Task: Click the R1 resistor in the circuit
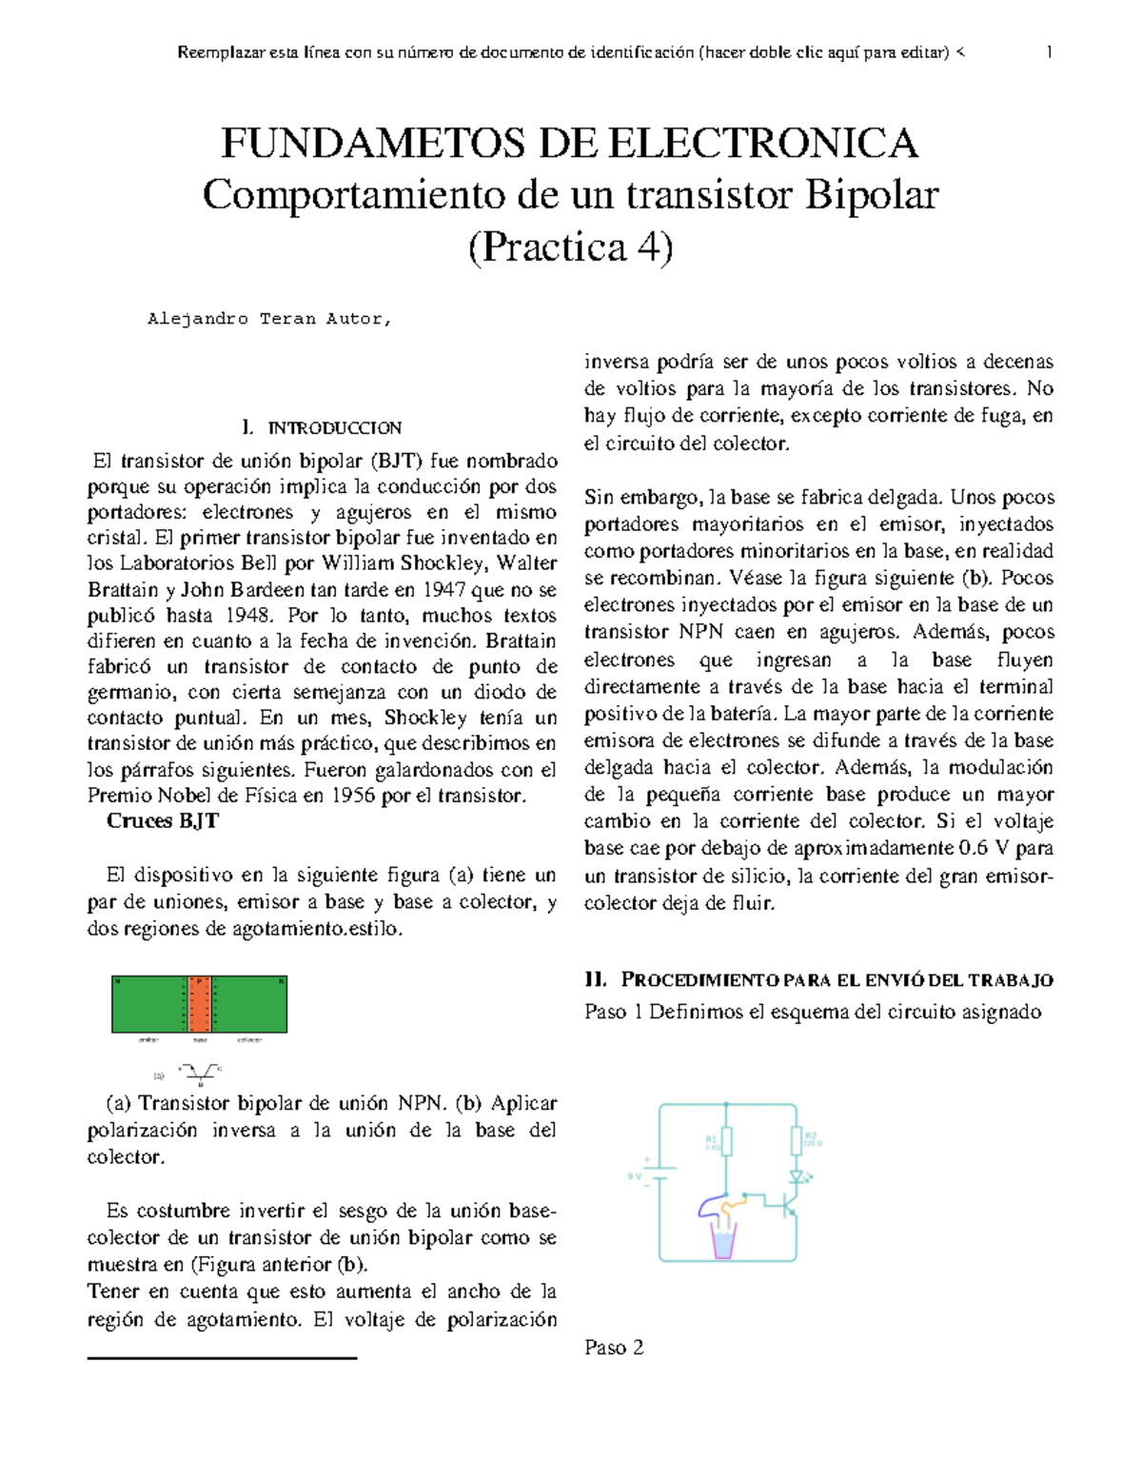click(726, 1141)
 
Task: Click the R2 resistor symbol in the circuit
click(797, 1140)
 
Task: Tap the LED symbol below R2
click(797, 1177)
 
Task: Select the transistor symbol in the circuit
click(789, 1206)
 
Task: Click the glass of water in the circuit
click(723, 1242)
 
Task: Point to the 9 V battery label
click(635, 1176)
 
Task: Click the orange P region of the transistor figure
click(199, 1004)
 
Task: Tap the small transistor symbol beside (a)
click(201, 1073)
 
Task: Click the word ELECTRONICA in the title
click(762, 144)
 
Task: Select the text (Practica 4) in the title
click(571, 247)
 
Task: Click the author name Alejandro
click(198, 320)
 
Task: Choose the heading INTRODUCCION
click(334, 428)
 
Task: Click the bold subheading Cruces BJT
click(163, 821)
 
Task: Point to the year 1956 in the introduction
click(352, 796)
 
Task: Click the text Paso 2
click(614, 1348)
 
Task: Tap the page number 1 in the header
click(1049, 52)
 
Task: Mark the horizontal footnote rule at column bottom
click(222, 1358)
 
